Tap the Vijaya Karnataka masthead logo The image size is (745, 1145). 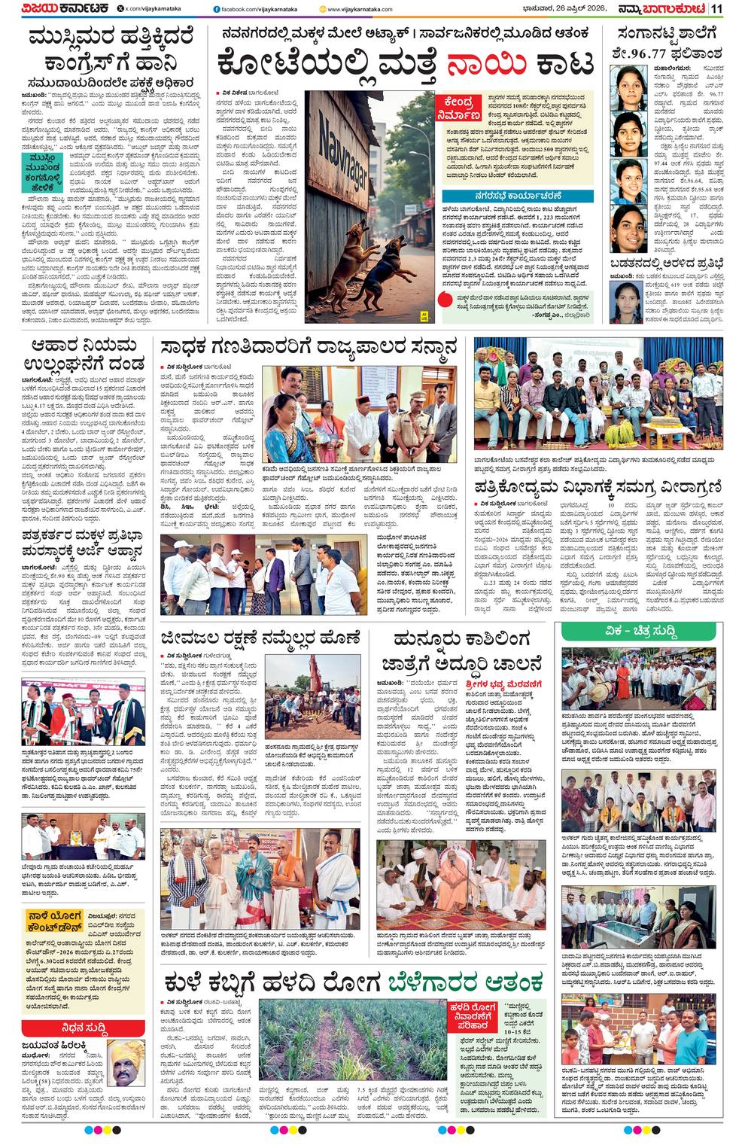coord(56,8)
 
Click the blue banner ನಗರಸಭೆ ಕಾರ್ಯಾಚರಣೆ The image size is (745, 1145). coord(518,196)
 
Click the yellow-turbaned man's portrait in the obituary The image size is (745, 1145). coord(125,1064)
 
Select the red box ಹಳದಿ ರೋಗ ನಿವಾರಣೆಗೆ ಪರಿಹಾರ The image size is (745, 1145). coord(473,1017)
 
